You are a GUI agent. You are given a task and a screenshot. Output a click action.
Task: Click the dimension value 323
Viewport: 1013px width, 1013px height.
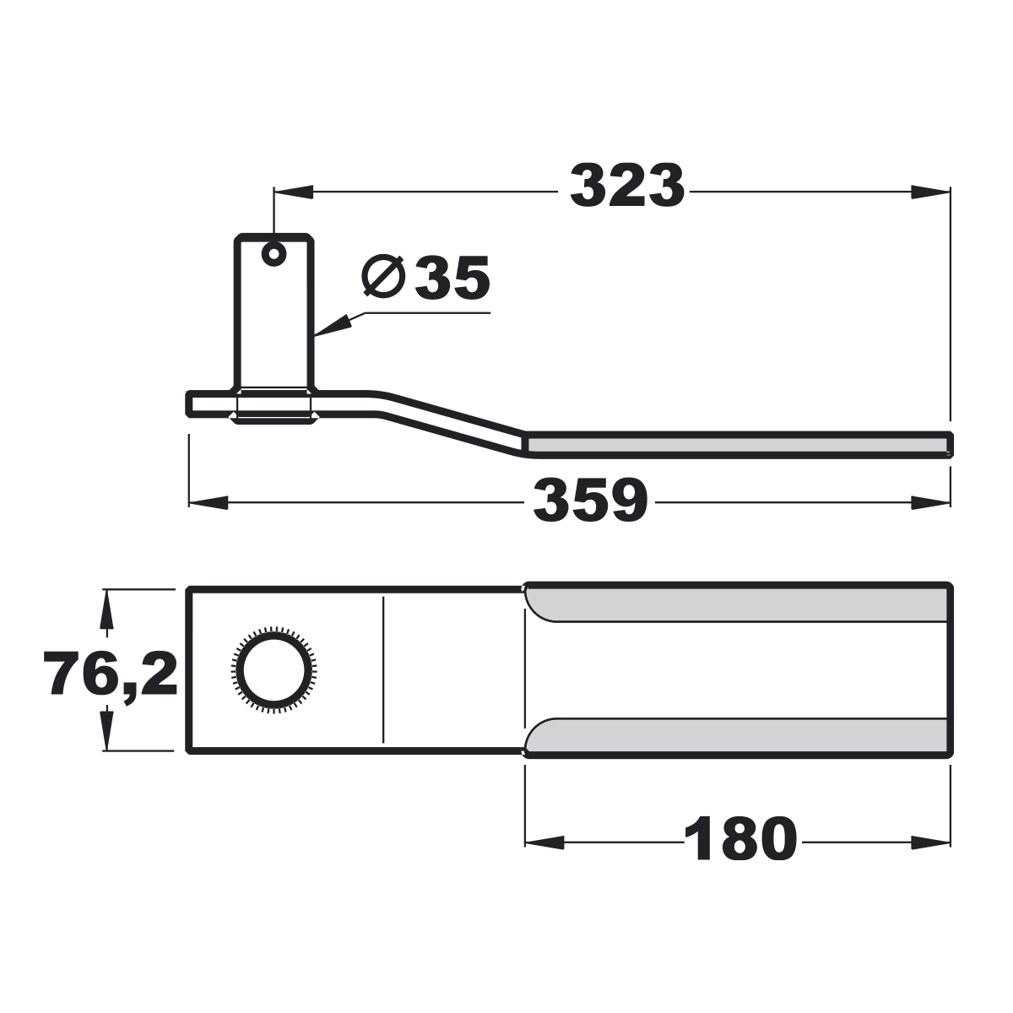point(627,186)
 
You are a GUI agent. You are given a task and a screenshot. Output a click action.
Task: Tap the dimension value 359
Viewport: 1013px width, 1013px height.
point(590,500)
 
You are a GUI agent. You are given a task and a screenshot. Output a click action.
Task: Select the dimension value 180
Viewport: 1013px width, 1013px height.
point(740,839)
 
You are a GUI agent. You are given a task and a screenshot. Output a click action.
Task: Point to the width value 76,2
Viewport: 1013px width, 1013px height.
point(111,673)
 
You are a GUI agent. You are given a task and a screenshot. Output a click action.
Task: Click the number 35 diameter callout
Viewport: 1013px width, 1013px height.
point(452,278)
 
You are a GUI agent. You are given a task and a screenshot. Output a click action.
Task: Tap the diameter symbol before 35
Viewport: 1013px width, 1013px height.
point(384,277)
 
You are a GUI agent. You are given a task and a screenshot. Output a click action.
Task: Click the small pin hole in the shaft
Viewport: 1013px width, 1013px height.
point(274,254)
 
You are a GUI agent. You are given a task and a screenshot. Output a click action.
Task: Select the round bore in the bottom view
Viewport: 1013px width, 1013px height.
point(274,669)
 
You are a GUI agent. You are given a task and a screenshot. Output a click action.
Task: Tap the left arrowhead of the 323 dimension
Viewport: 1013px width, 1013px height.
point(293,192)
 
